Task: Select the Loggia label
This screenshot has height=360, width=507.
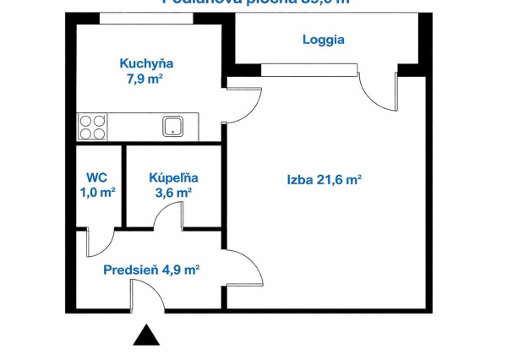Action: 324,39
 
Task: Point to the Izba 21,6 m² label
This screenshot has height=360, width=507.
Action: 324,179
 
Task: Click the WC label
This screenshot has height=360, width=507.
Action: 95,178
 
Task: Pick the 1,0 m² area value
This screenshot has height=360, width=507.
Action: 97,193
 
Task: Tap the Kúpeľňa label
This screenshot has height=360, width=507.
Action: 173,178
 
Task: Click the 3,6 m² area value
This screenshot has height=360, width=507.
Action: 173,193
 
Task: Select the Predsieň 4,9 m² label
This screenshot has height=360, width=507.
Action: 151,270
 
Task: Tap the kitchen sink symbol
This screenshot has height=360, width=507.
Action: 174,127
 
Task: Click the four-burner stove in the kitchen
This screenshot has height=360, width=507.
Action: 92,127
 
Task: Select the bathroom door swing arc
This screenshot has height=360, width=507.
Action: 169,216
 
